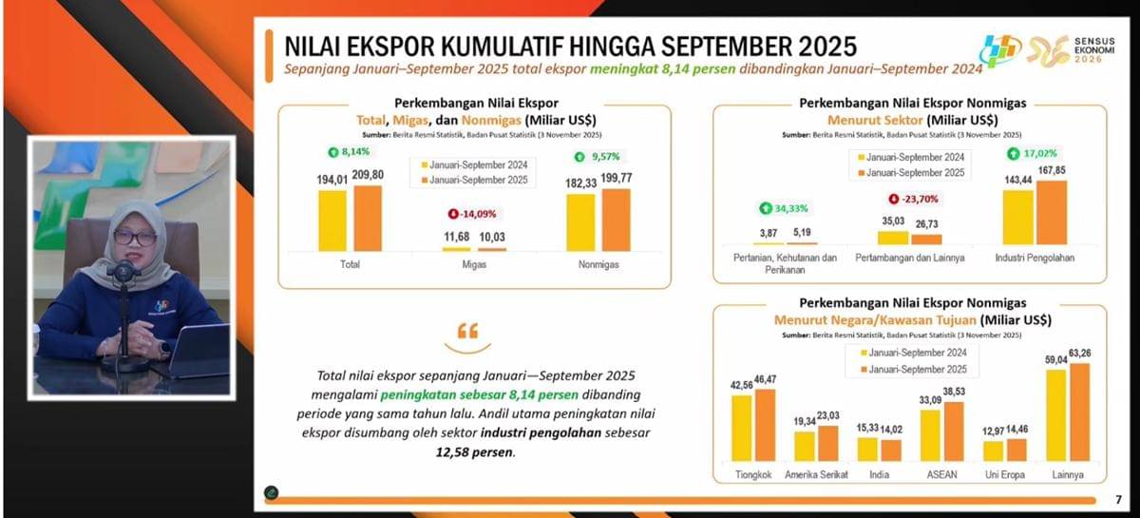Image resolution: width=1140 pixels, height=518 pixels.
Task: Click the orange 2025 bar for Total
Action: pos(368,218)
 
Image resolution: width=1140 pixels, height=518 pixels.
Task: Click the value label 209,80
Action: pos(370,176)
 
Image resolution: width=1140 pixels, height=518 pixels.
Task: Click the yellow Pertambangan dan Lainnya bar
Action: pos(893,238)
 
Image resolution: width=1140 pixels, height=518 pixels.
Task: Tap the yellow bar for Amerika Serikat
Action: pos(805,446)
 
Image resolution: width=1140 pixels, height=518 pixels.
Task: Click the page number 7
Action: pos(1117,499)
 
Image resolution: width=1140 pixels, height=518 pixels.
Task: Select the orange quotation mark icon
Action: pos(467,332)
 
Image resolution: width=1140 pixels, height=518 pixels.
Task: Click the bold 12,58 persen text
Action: pos(470,453)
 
